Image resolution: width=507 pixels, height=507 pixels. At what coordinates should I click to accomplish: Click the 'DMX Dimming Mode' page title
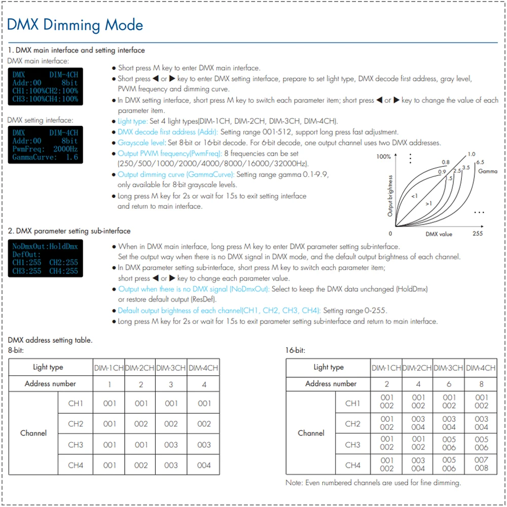[75, 25]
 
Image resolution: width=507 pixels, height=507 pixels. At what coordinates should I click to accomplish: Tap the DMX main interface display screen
[43, 87]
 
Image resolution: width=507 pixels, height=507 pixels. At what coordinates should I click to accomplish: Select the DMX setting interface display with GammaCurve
[43, 145]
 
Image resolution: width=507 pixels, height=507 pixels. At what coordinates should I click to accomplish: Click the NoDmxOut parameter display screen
[43, 259]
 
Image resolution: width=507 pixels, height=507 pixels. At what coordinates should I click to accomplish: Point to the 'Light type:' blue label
[132, 121]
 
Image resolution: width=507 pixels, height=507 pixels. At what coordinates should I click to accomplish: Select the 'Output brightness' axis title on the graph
[390, 196]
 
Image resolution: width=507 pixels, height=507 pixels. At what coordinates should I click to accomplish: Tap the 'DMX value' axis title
[439, 234]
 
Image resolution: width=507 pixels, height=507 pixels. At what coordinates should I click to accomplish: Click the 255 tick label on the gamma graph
[477, 234]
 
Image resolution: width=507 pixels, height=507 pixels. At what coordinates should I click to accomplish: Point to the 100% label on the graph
[383, 157]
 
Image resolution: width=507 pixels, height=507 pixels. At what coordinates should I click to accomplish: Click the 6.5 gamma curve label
[480, 162]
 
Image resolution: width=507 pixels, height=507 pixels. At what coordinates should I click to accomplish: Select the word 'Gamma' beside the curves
[487, 171]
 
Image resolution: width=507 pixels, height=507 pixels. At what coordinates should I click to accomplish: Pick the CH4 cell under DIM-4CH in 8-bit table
[204, 465]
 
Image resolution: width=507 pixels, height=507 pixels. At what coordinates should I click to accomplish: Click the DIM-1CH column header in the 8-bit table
[109, 368]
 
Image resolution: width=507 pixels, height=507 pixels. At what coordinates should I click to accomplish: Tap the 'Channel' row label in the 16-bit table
[311, 433]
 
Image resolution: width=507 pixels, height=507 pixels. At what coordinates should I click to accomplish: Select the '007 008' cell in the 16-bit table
[481, 464]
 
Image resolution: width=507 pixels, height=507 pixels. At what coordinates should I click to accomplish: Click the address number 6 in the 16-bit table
[449, 384]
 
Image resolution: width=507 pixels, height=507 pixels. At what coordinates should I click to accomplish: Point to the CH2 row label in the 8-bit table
[76, 424]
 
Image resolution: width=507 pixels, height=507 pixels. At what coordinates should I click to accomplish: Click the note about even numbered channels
[373, 483]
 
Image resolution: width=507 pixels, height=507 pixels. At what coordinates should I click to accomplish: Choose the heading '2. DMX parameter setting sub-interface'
[69, 231]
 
